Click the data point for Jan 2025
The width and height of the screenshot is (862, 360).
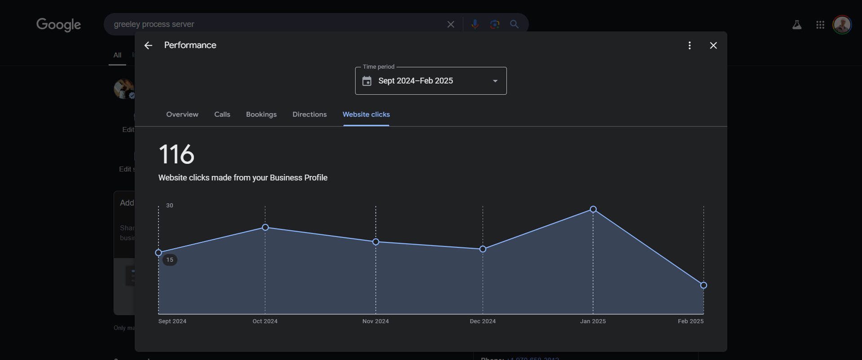pyautogui.click(x=593, y=209)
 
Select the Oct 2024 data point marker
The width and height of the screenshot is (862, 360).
pyautogui.click(x=265, y=228)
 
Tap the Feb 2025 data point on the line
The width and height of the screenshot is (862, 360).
pyautogui.click(x=704, y=285)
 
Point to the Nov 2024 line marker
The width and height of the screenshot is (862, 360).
pyautogui.click(x=376, y=242)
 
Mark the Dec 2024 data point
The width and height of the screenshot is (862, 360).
pyautogui.click(x=483, y=249)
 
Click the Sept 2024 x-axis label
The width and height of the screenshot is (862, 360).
pyautogui.click(x=172, y=321)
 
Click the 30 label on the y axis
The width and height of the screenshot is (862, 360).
pyautogui.click(x=169, y=205)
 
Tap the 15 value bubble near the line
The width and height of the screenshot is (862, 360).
pyautogui.click(x=170, y=260)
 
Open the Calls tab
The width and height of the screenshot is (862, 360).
pyautogui.click(x=222, y=114)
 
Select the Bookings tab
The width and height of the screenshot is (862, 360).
pyautogui.click(x=261, y=114)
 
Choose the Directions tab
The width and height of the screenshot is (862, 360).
pyautogui.click(x=309, y=114)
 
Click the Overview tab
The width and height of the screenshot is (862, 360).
pyautogui.click(x=182, y=114)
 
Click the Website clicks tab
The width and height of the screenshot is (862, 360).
pyautogui.click(x=366, y=114)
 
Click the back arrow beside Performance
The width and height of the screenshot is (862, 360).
pyautogui.click(x=148, y=45)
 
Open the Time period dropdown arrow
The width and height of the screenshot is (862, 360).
pyautogui.click(x=495, y=81)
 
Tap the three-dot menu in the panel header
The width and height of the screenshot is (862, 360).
pyautogui.click(x=690, y=45)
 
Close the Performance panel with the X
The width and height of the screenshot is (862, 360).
pyautogui.click(x=713, y=45)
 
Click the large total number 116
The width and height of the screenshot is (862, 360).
pyautogui.click(x=176, y=154)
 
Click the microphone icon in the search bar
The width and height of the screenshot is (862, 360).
pyautogui.click(x=475, y=24)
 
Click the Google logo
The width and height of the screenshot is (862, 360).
pyautogui.click(x=58, y=24)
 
